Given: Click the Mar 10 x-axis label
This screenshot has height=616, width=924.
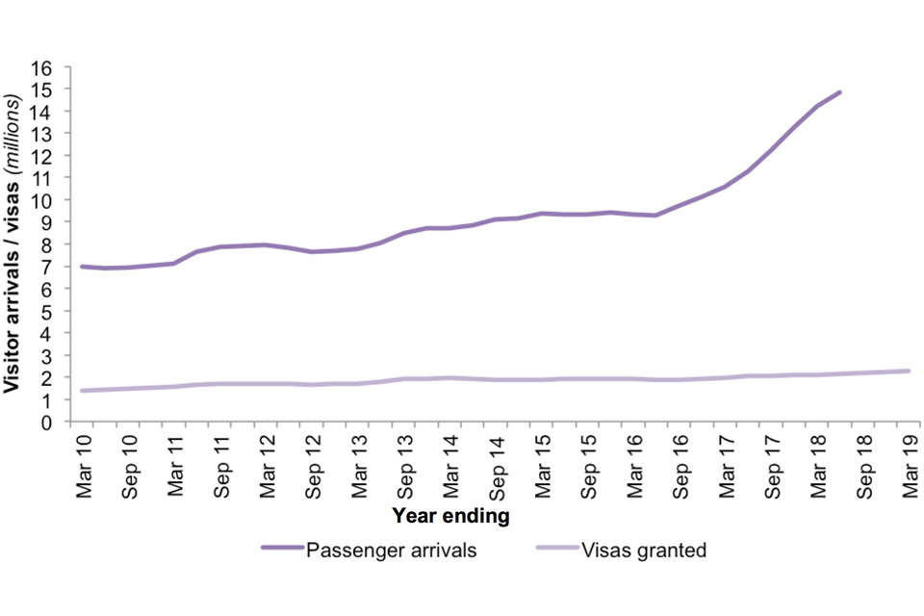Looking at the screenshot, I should click(84, 461).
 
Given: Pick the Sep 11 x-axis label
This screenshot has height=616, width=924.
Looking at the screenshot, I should click(221, 464).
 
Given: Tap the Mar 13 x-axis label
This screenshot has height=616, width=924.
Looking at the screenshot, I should click(360, 461).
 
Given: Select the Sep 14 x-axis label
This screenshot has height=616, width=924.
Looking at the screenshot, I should click(498, 464).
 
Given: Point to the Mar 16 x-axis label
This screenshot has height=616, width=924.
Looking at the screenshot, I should click(635, 461).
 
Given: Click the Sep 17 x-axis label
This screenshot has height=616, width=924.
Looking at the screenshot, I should click(773, 464).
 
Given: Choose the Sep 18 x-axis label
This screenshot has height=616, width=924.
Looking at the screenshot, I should click(865, 464).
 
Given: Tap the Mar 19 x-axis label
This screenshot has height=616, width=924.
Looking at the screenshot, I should click(911, 461).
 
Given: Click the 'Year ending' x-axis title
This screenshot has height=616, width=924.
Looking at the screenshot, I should click(450, 517).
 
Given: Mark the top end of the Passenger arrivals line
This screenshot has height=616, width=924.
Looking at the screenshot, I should click(840, 92).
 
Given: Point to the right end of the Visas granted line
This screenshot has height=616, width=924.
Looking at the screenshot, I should click(910, 371).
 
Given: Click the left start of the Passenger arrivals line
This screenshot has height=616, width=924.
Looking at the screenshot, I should click(81, 267).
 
